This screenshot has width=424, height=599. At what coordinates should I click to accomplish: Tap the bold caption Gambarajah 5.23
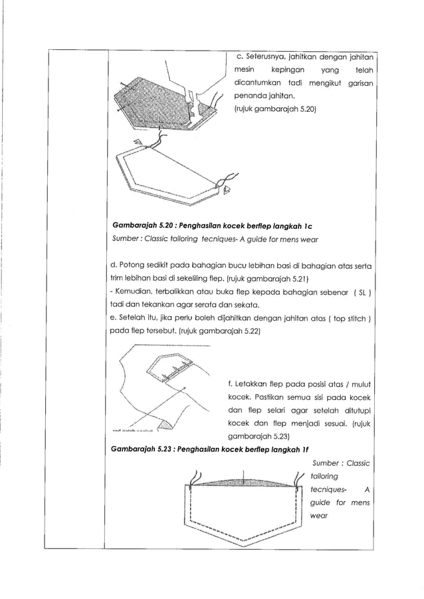click(143, 449)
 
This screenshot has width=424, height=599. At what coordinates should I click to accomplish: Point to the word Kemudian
click(134, 292)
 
